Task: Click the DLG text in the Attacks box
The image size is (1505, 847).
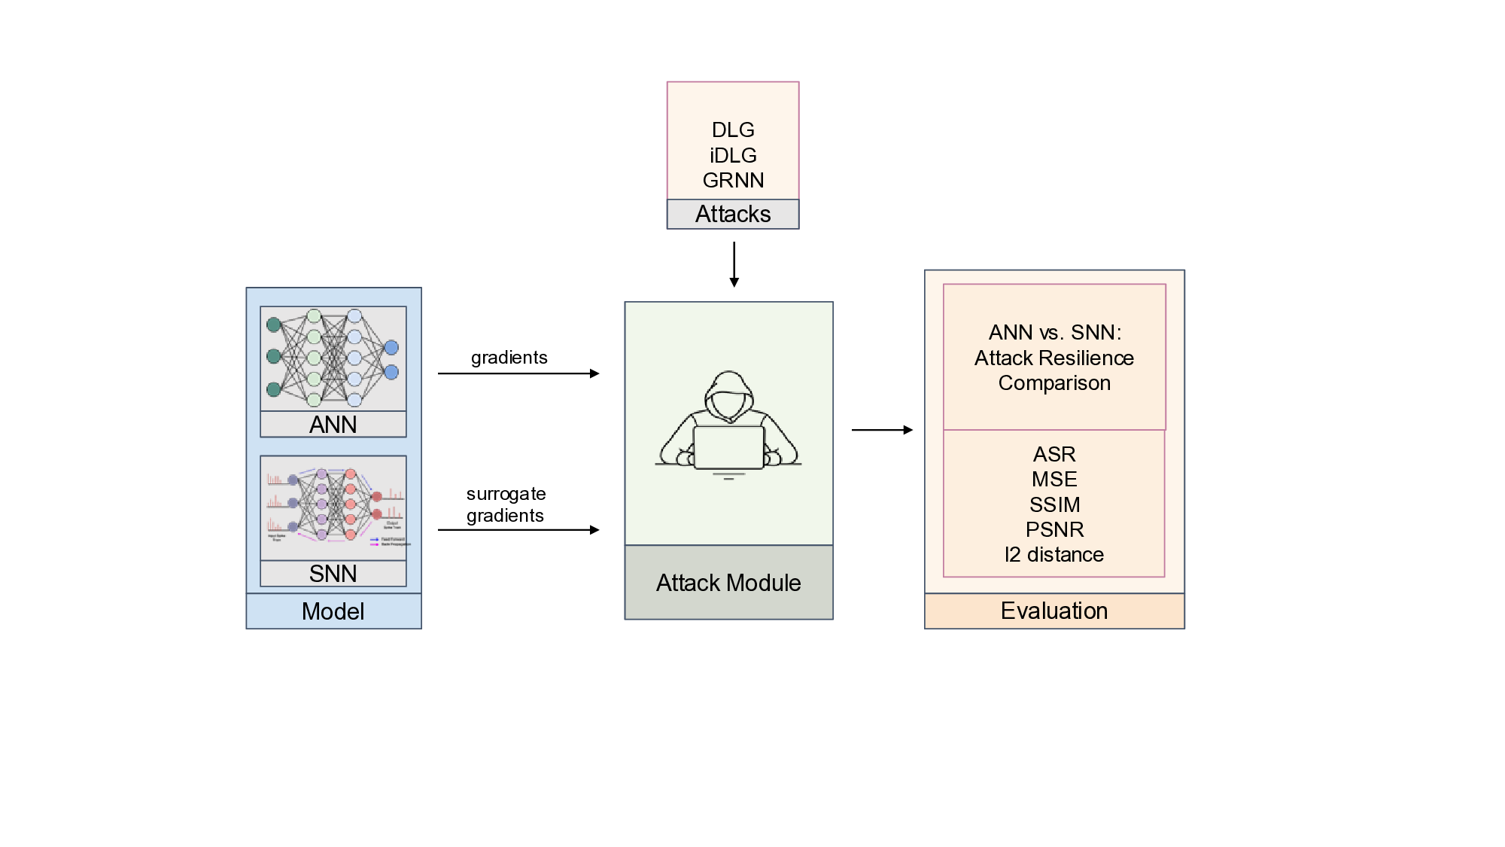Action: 733,130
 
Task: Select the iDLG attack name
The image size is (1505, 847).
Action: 733,156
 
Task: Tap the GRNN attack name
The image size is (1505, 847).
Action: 733,181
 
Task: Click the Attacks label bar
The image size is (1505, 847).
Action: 733,215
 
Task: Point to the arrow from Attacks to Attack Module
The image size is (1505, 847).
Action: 734,264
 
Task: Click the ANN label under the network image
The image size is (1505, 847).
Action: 333,425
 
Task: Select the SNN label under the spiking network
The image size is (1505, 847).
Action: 333,574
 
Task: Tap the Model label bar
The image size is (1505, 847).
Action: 333,611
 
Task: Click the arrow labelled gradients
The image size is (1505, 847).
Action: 518,373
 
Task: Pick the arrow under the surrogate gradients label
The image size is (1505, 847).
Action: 518,530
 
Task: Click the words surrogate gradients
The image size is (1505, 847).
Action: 506,504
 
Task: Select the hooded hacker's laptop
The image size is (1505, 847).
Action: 728,447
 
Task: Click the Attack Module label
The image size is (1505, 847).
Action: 728,583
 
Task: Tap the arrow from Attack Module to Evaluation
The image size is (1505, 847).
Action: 882,430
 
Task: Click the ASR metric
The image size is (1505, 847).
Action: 1054,455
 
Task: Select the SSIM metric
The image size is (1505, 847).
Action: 1054,505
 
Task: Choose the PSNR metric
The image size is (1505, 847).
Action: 1054,530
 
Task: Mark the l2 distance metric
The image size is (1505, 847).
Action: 1054,555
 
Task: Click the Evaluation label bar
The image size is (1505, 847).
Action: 1054,611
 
